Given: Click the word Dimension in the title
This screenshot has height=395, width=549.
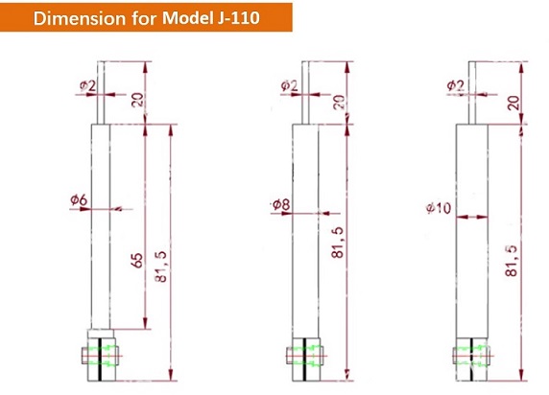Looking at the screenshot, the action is tap(79, 17).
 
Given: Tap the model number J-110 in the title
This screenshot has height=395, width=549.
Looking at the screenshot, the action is tap(236, 17).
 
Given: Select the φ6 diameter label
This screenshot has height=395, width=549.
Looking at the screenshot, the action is tap(79, 200).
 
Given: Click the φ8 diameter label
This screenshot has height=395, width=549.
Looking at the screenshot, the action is tap(281, 204).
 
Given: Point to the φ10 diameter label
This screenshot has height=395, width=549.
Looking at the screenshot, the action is tap(439, 208).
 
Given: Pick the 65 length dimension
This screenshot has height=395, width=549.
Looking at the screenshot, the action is tap(137, 261).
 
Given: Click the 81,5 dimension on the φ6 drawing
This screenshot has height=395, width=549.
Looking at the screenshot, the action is tap(161, 267).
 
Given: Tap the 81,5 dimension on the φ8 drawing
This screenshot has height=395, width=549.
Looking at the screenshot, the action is tap(338, 243).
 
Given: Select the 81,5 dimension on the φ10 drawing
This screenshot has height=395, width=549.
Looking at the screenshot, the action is tap(512, 261).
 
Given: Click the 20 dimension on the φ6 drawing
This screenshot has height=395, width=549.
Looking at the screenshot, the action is tap(137, 100).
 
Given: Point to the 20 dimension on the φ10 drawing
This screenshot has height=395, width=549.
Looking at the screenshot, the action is tap(513, 103).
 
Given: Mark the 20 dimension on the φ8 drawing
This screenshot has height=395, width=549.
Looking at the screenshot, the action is tap(339, 103).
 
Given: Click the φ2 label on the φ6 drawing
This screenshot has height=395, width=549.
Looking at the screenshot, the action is tap(87, 85).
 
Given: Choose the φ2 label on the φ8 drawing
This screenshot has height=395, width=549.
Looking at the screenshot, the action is tap(289, 85).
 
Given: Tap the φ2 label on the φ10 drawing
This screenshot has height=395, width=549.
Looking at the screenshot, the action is tap(456, 85).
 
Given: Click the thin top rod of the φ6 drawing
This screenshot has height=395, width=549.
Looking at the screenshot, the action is tap(101, 93).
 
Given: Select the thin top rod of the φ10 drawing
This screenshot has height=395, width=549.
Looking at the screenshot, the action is tap(472, 93).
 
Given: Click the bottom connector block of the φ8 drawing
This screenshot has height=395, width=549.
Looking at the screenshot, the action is tap(305, 360).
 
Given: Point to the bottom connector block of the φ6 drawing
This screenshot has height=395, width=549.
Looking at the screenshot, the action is tap(101, 355).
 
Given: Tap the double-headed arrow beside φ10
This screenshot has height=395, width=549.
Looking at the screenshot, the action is tap(472, 218).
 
